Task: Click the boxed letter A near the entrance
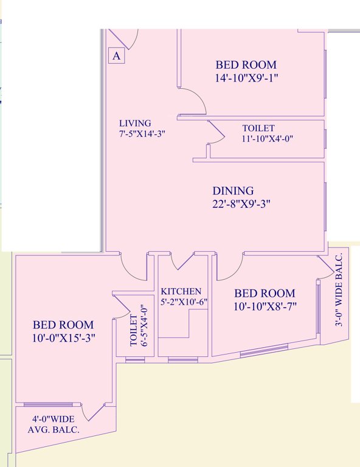(117, 56)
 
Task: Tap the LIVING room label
(135, 123)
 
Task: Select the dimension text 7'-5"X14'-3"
(142, 134)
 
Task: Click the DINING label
(233, 191)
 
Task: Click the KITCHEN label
(181, 291)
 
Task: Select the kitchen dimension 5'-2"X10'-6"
(181, 302)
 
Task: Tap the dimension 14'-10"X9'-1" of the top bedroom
(246, 77)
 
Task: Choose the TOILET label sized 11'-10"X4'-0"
(258, 128)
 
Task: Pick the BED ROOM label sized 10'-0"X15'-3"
(63, 325)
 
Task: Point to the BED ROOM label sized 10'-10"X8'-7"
(265, 293)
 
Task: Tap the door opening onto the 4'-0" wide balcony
(94, 412)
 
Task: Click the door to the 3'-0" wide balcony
(326, 265)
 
